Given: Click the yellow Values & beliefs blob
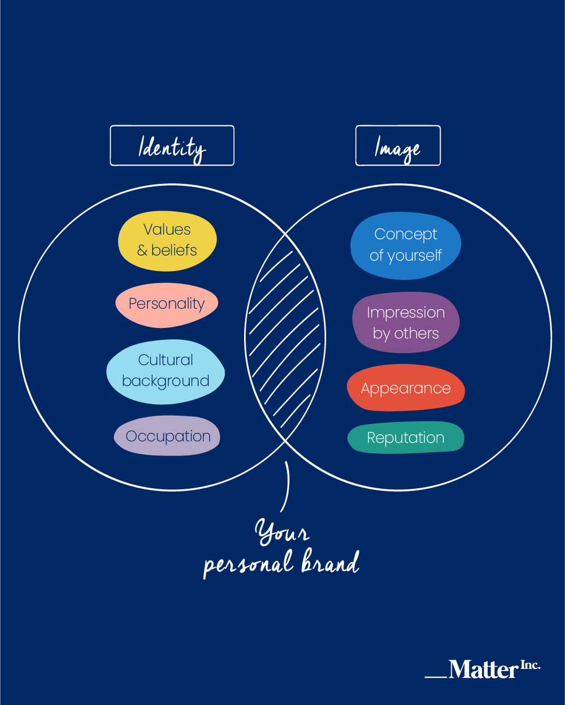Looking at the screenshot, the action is (x=167, y=240).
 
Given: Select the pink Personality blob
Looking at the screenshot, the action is (x=167, y=305).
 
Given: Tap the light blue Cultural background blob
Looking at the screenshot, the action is (x=166, y=371).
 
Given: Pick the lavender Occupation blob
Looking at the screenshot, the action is (x=167, y=436).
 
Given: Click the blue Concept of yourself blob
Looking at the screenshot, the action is (x=406, y=245).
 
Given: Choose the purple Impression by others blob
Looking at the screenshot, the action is (x=406, y=322).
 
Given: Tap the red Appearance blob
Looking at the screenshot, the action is (x=406, y=388).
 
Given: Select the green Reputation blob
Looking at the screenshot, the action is (x=406, y=437).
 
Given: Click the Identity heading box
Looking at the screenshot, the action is (x=172, y=146).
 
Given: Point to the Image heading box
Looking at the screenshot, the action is (x=398, y=146).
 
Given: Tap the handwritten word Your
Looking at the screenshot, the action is (x=281, y=532).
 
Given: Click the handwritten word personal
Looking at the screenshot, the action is (x=249, y=564).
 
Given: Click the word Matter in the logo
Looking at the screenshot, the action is (x=483, y=669).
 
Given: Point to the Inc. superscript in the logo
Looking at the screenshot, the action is (x=530, y=665).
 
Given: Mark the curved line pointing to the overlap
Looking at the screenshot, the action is (x=287, y=486).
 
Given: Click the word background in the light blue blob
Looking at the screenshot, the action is (x=166, y=382).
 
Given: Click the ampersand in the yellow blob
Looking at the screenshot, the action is (x=142, y=251).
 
